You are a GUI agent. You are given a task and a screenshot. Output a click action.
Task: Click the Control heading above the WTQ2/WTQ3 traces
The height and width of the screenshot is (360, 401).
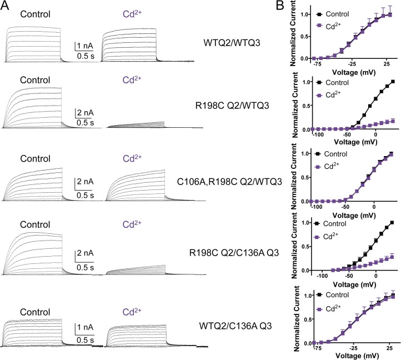[35, 13]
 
